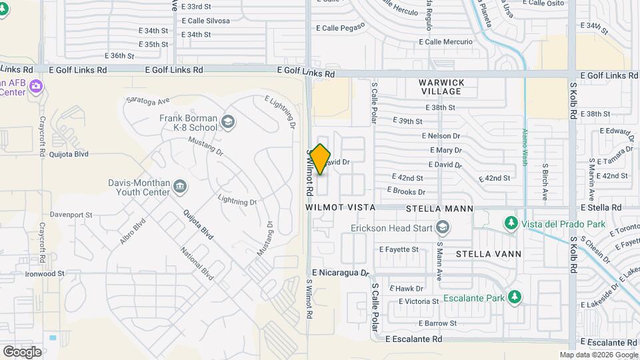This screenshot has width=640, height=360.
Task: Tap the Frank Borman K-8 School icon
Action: point(228,121)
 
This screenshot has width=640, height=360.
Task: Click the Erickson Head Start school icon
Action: point(442,228)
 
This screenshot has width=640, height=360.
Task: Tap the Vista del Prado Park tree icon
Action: point(511,222)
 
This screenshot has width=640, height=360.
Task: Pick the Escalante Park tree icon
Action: point(514,297)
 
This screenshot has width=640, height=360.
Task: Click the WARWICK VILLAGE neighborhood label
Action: point(441,87)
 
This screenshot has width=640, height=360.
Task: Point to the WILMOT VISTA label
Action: point(340,208)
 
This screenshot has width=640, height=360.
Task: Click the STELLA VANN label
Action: point(489,254)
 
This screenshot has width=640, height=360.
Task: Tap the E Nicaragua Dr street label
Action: point(340,273)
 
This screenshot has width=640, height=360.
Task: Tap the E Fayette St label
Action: point(399,249)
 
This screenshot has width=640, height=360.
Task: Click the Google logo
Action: point(22,351)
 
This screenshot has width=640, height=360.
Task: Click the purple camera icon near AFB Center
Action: point(36,86)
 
